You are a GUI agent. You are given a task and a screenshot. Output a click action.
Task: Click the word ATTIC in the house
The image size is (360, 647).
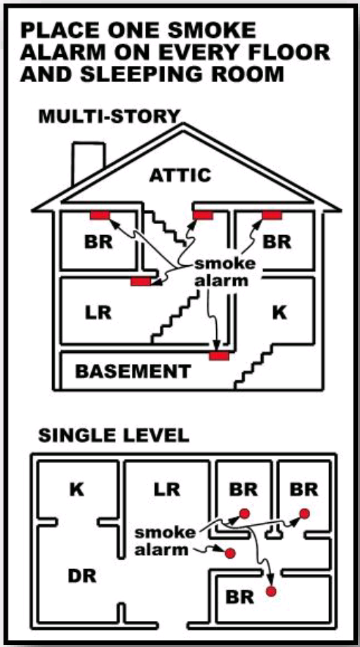point(180,175)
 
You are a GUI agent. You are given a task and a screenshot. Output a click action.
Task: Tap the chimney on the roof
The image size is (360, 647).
point(88,162)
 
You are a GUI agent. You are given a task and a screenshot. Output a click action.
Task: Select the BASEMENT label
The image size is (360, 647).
point(133,371)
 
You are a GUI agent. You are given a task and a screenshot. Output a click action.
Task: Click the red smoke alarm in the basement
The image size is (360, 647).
point(219,355)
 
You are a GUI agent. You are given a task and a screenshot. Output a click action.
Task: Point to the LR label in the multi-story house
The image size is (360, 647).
point(99,313)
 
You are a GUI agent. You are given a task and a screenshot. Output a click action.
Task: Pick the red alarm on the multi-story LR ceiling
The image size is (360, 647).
point(141,281)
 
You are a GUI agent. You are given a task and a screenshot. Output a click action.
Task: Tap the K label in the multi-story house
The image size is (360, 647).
point(279,313)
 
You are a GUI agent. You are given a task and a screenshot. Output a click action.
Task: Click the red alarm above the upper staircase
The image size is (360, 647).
point(203,215)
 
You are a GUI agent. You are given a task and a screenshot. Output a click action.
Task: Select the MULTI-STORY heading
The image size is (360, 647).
point(109,116)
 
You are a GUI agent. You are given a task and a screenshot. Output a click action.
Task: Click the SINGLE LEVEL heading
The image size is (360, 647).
point(114,435)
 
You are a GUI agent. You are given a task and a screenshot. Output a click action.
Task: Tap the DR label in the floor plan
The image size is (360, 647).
point(82,576)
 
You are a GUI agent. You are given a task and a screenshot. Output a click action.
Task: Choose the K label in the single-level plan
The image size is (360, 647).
point(77,490)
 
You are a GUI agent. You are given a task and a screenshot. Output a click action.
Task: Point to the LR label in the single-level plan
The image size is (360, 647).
point(167,490)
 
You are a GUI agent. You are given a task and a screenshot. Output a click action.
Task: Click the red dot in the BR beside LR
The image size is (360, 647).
point(244,513)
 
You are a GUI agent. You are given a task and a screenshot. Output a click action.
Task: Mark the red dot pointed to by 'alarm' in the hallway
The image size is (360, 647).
point(230,552)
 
